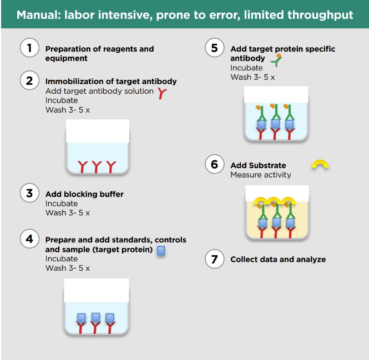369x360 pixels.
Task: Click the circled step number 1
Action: pyautogui.click(x=29, y=48)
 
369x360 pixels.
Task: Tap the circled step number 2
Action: pyautogui.click(x=29, y=80)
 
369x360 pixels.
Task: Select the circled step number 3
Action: pyautogui.click(x=29, y=193)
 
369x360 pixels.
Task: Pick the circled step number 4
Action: pyautogui.click(x=29, y=239)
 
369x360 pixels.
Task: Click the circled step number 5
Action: pyautogui.click(x=214, y=48)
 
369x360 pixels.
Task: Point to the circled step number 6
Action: pyautogui.click(x=214, y=164)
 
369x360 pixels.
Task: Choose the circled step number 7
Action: pyautogui.click(x=214, y=258)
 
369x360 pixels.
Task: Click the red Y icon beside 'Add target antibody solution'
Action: pyautogui.click(x=161, y=93)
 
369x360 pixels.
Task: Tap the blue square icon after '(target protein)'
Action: pyautogui.click(x=161, y=251)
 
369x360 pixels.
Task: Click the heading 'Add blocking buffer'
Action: pyautogui.click(x=84, y=194)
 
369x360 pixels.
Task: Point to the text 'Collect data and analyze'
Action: pyautogui.click(x=278, y=259)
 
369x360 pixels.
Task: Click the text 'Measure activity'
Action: pyautogui.click(x=260, y=175)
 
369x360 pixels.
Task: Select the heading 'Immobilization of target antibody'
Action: pyautogui.click(x=111, y=82)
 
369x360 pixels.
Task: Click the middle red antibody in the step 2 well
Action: pyautogui.click(x=97, y=165)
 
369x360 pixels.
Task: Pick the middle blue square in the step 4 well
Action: pyautogui.click(x=95, y=317)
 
